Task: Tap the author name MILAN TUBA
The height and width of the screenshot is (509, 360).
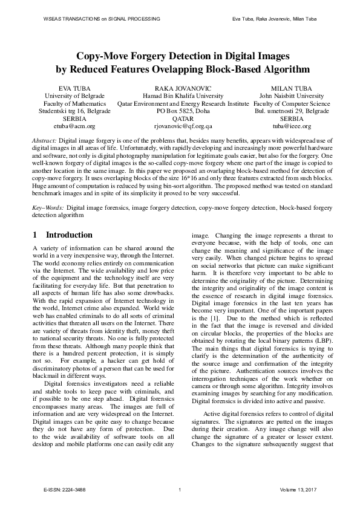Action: tap(291, 88)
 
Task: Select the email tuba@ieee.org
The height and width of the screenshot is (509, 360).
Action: tap(291, 127)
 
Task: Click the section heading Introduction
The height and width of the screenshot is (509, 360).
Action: tap(69, 235)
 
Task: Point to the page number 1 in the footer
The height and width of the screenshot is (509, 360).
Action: tap(180, 490)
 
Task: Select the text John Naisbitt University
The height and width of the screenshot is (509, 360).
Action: tap(291, 96)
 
